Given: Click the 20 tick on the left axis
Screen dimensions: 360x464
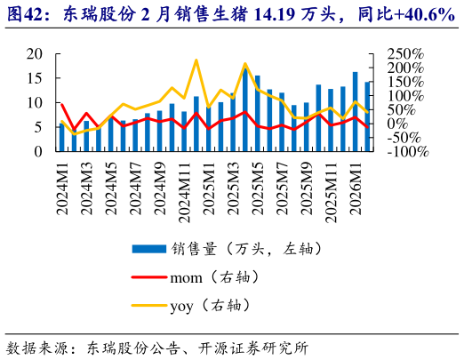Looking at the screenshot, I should (35, 54).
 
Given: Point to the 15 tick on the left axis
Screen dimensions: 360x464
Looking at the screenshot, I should (35, 78).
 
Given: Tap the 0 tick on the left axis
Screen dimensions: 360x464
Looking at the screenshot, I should (39, 151).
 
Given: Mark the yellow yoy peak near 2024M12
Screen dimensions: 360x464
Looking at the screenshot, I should (196, 60).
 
